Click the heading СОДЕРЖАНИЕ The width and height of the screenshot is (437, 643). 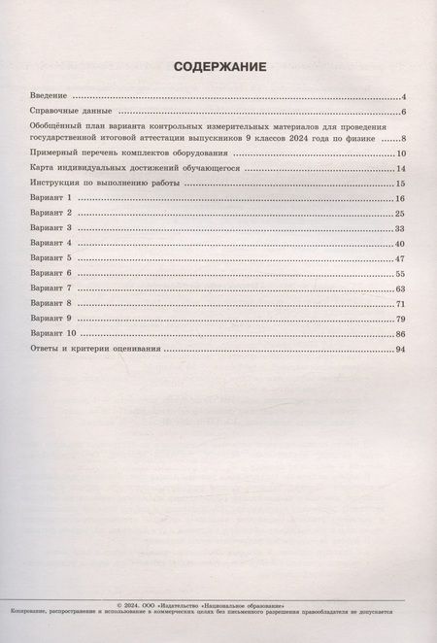218,68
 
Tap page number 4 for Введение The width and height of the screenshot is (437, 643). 402,98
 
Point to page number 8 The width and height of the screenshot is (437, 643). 402,140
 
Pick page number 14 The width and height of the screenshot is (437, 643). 399,169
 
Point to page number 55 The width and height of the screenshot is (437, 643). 399,275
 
